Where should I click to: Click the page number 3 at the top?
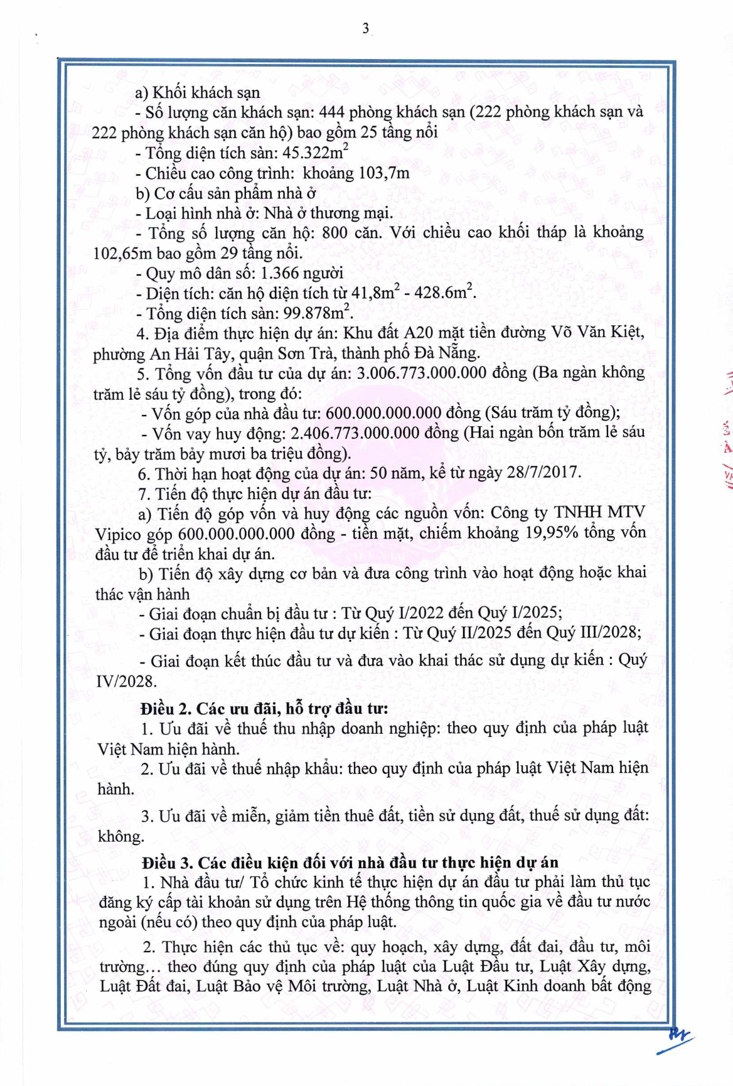coord(365,28)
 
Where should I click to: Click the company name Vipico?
coord(119,534)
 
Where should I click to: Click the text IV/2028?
coord(126,680)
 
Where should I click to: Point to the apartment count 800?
coord(333,233)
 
